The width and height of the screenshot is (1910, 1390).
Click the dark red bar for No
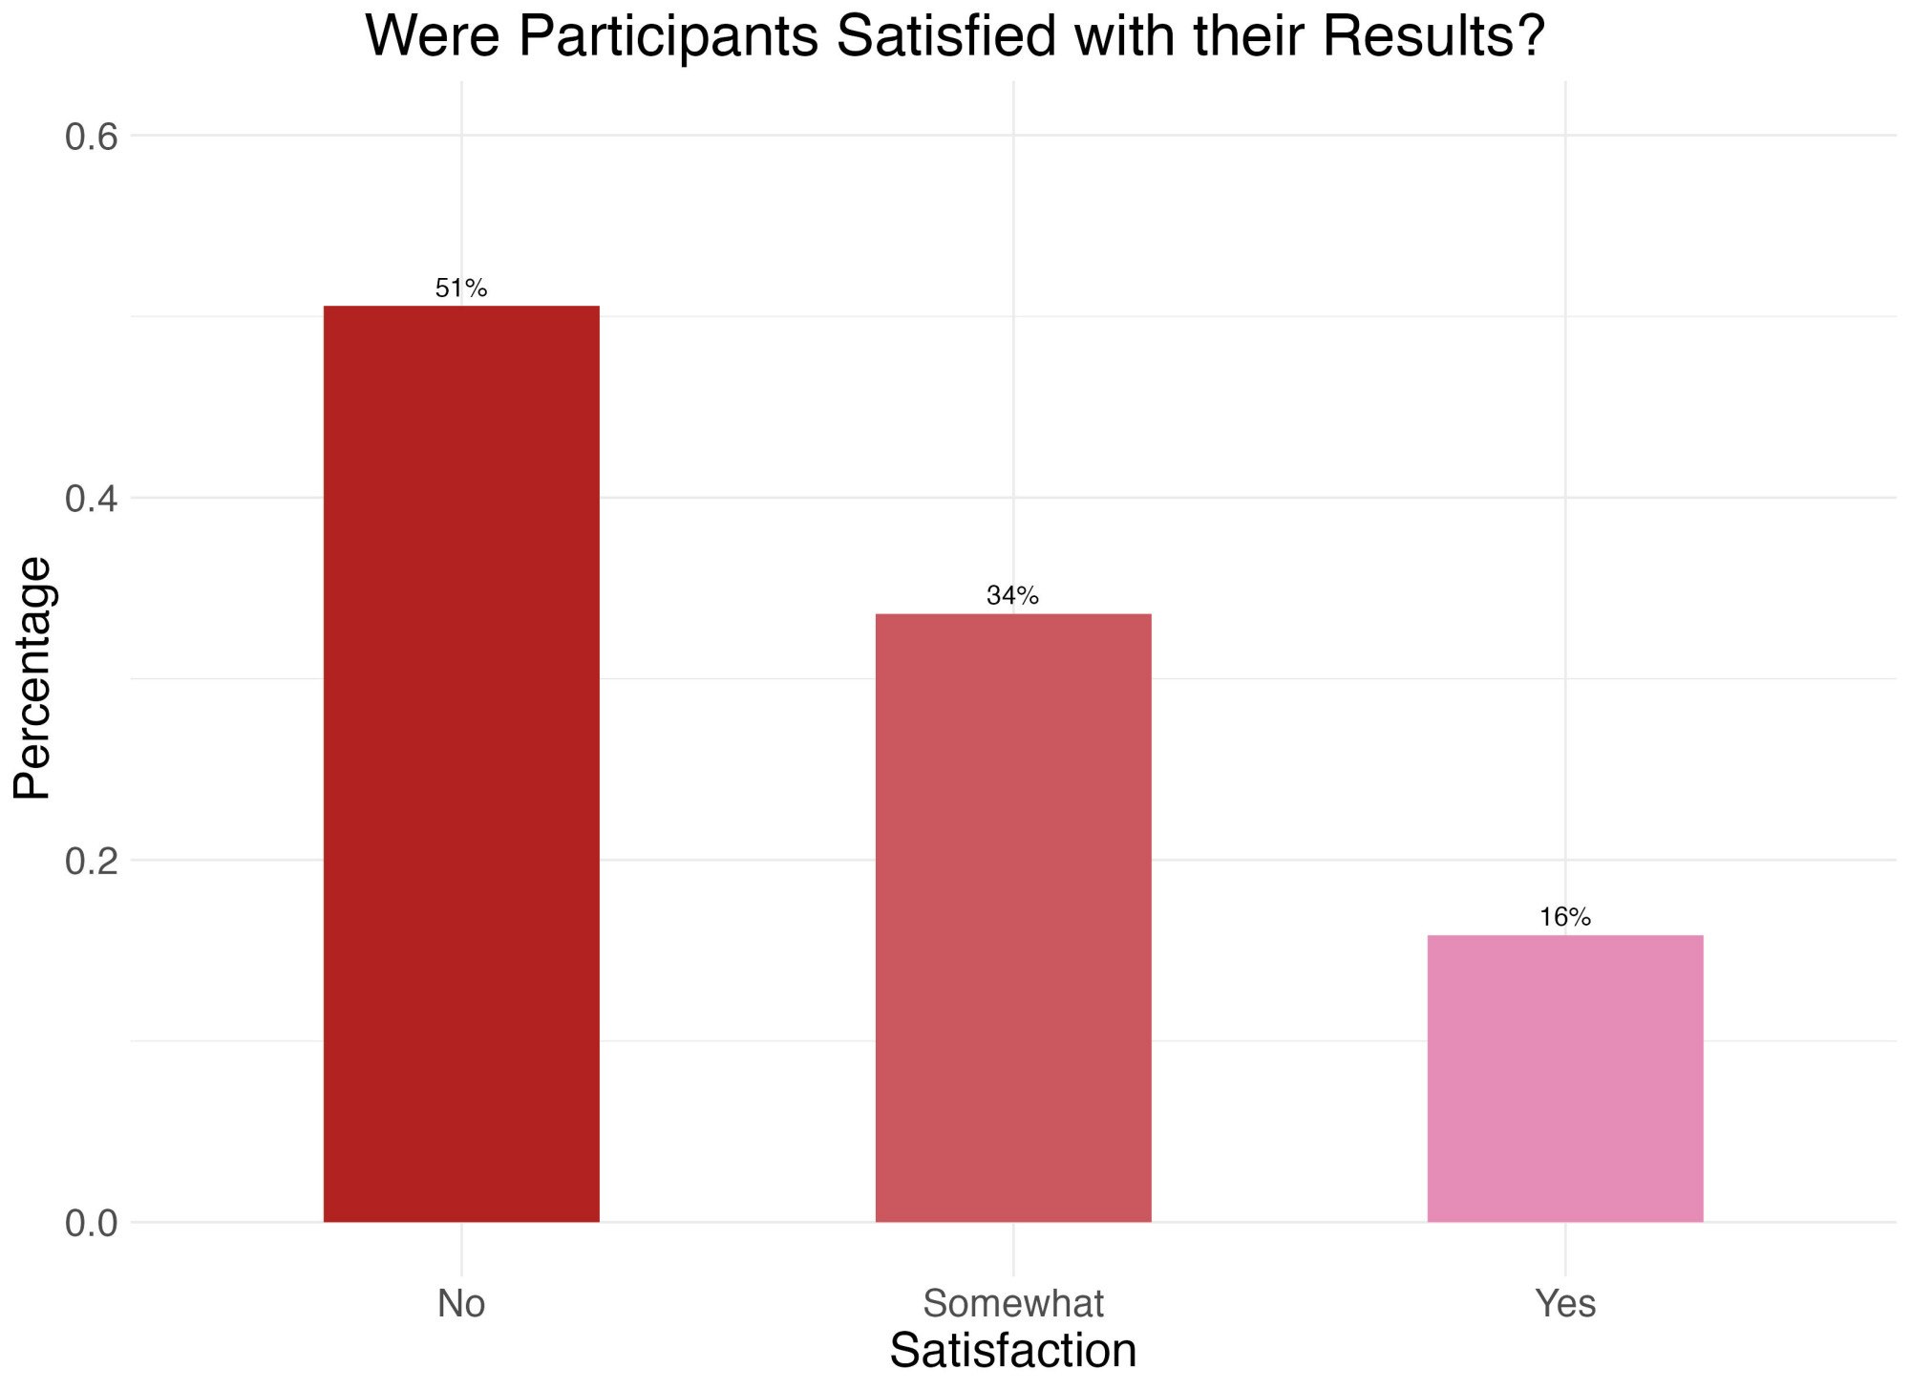tap(461, 763)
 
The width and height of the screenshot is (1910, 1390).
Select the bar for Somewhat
tap(1013, 917)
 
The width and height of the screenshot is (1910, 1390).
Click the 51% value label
tap(461, 288)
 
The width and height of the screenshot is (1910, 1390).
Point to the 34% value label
tap(1013, 596)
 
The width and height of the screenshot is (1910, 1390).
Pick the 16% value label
tap(1564, 917)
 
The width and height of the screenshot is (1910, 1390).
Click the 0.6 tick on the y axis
tap(91, 137)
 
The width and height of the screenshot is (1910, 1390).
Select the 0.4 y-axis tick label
tap(91, 499)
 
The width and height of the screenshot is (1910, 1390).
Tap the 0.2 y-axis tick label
tap(91, 861)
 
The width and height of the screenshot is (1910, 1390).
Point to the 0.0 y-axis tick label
tap(91, 1223)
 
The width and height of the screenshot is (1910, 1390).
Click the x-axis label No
tap(461, 1303)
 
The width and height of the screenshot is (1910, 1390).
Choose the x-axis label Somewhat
tap(1013, 1303)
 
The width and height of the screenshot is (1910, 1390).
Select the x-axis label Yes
tap(1564, 1303)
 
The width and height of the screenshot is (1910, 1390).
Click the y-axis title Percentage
tap(33, 677)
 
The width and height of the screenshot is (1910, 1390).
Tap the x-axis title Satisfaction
tap(1013, 1351)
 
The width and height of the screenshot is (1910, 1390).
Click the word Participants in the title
tap(668, 38)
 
